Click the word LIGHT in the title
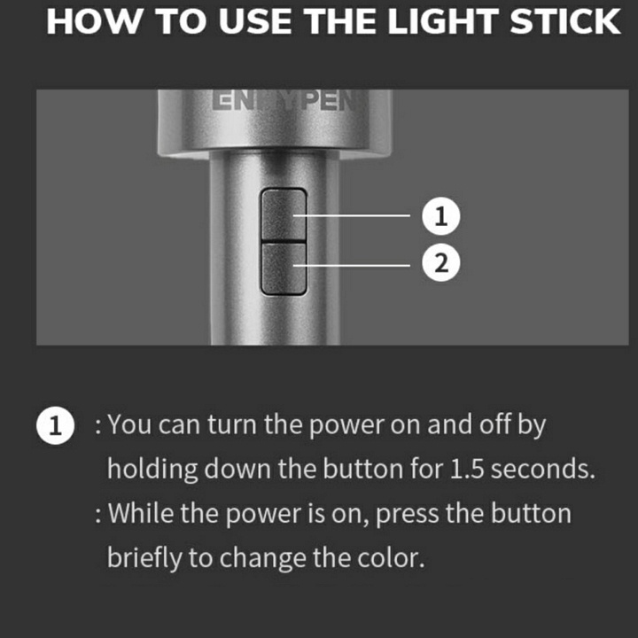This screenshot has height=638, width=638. click(x=443, y=21)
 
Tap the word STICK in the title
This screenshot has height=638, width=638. click(x=565, y=21)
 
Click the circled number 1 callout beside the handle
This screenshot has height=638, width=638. click(x=441, y=215)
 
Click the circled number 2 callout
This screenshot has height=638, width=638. click(x=441, y=262)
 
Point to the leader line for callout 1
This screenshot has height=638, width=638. click(x=351, y=215)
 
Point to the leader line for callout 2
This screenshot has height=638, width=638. click(x=351, y=266)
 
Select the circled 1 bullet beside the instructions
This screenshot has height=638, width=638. click(x=55, y=425)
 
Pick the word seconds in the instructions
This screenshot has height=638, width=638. click(x=543, y=469)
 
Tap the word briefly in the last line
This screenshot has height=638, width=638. click(x=144, y=558)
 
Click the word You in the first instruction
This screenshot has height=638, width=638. click(x=129, y=424)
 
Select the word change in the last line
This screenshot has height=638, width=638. click(x=263, y=559)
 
